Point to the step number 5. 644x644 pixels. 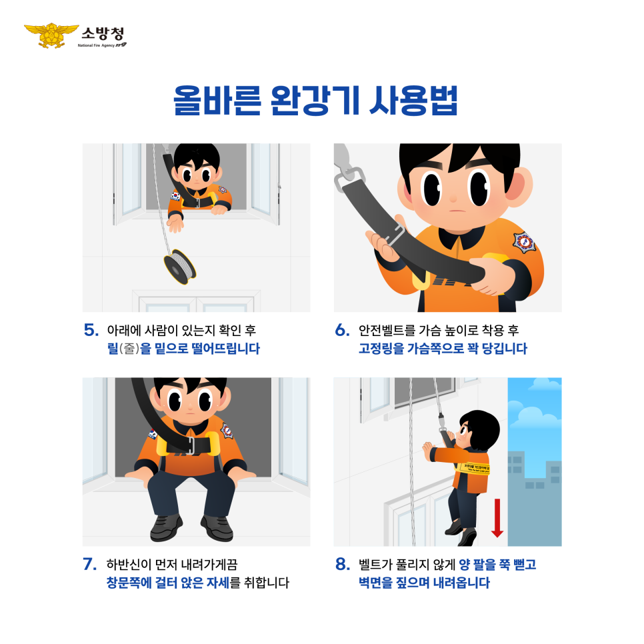coord(91,330)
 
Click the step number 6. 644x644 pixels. coord(342,330)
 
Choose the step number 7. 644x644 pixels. coord(91,564)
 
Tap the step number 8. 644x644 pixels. coord(342,564)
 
